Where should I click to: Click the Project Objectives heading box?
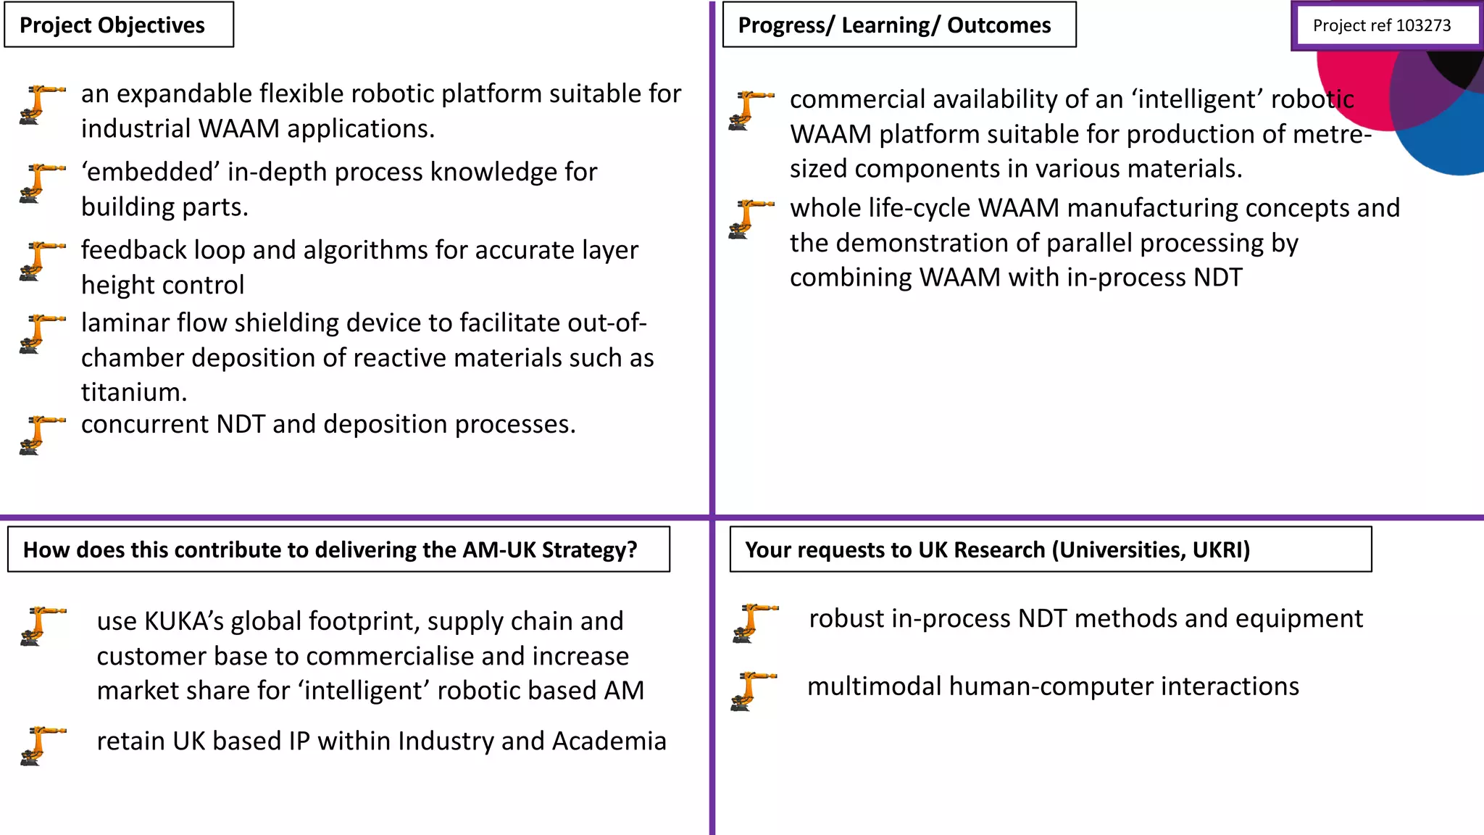pyautogui.click(x=118, y=25)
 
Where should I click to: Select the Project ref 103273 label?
pyautogui.click(x=1381, y=26)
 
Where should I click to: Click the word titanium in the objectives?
pyautogui.click(x=133, y=392)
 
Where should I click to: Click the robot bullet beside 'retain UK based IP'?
pyautogui.click(x=41, y=745)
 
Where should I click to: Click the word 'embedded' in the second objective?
pyautogui.click(x=150, y=173)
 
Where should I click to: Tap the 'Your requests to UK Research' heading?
pyautogui.click(x=997, y=550)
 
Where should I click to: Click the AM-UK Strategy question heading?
pyautogui.click(x=330, y=550)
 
